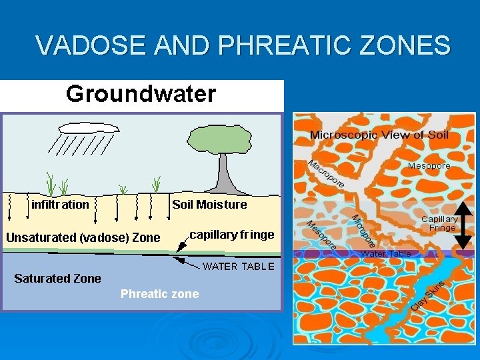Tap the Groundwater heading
[141, 93]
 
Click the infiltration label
[60, 204]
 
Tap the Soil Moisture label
[209, 204]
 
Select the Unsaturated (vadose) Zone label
[83, 237]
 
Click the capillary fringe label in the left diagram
[232, 234]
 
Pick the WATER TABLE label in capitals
[238, 267]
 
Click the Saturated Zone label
[58, 278]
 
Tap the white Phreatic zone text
[159, 294]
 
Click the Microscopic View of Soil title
[379, 135]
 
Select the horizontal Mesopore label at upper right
[429, 165]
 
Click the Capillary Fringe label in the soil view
[441, 223]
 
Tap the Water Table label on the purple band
[385, 254]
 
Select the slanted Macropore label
[325, 173]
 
